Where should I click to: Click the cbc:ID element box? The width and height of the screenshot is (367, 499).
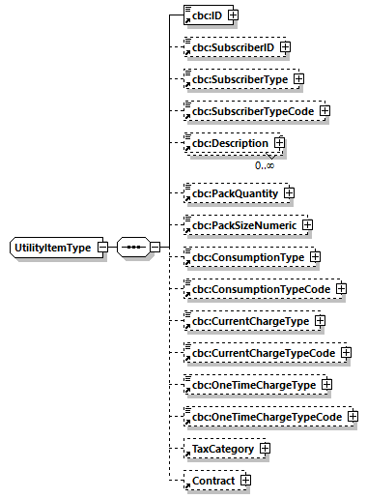pyautogui.click(x=204, y=15)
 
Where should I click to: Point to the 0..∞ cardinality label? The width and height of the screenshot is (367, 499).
pyautogui.click(x=265, y=165)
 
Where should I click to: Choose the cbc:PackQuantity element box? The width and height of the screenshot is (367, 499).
pyautogui.click(x=231, y=193)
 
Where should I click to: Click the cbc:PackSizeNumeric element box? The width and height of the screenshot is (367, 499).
pyautogui.click(x=240, y=225)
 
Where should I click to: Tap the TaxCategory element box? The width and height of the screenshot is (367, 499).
pyautogui.click(x=223, y=449)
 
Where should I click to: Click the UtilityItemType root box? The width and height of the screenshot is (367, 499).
pyautogui.click(x=52, y=249)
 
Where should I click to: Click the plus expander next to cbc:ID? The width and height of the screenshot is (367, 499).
pyautogui.click(x=233, y=15)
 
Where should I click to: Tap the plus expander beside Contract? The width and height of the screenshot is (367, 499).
pyautogui.click(x=245, y=480)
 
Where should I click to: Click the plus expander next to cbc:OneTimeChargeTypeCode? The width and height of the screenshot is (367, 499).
pyautogui.click(x=353, y=417)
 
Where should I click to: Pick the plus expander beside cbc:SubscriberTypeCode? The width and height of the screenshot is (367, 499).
pyautogui.click(x=325, y=110)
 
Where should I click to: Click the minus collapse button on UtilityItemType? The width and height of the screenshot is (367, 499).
pyautogui.click(x=102, y=249)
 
